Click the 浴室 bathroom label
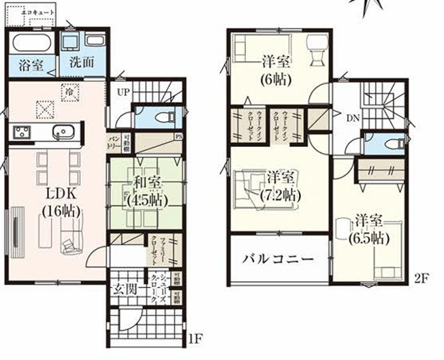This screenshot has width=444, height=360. pyautogui.click(x=31, y=65)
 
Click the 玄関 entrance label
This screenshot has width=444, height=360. pyautogui.click(x=127, y=288)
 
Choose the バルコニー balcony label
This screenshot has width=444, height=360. pyautogui.click(x=277, y=260)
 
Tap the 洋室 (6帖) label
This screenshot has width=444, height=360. pyautogui.click(x=277, y=70)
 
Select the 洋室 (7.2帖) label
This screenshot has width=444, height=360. pyautogui.click(x=280, y=185)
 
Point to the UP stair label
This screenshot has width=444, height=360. pyautogui.click(x=123, y=92)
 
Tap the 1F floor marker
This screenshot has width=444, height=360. pyautogui.click(x=196, y=338)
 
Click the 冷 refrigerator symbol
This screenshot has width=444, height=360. pyautogui.click(x=69, y=90)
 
